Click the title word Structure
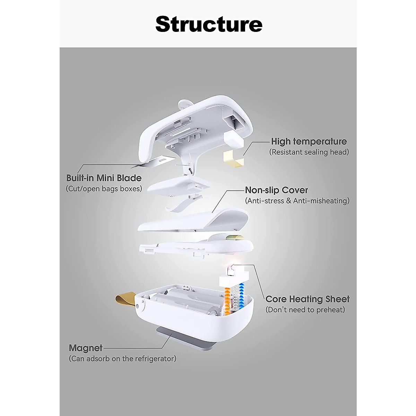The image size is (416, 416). [x=209, y=24]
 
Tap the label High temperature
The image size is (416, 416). [x=309, y=141]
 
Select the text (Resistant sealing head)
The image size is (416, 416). [x=309, y=152]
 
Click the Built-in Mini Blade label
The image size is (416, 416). [x=104, y=178]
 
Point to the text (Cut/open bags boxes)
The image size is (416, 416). [x=104, y=189]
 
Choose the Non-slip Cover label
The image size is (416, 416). [x=276, y=190]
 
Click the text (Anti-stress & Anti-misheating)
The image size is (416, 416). [x=297, y=201]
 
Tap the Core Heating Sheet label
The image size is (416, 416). [x=307, y=299]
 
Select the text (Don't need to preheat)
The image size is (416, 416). [x=305, y=310]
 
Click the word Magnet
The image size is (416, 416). [x=86, y=348]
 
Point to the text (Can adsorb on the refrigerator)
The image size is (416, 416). [x=122, y=358]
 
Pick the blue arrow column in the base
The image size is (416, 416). [x=241, y=296]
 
